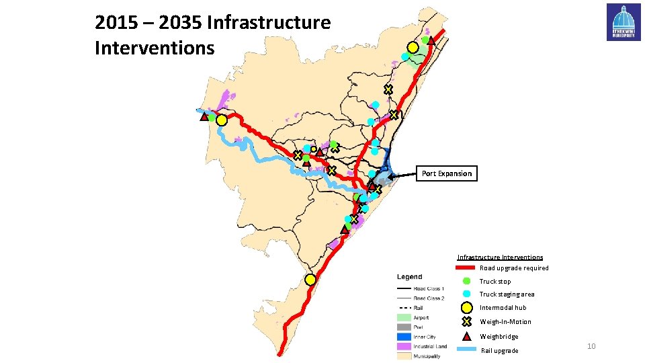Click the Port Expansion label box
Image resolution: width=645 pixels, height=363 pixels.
pyautogui.click(x=447, y=173)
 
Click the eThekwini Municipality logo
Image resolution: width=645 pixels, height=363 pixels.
pyautogui.click(x=623, y=22)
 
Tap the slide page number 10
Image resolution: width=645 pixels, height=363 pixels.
pyautogui.click(x=591, y=346)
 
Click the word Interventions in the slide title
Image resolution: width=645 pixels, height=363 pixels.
pyautogui.click(x=155, y=48)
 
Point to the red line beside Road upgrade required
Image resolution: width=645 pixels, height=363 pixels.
pyautogui.click(x=466, y=268)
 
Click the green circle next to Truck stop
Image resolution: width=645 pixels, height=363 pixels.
pyautogui.click(x=466, y=281)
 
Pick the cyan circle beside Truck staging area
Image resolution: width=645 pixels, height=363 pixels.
pyautogui.click(x=466, y=294)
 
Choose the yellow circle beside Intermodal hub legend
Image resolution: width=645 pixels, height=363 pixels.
pyautogui.click(x=466, y=308)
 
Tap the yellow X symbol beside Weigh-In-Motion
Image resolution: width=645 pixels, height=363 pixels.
pyautogui.click(x=466, y=322)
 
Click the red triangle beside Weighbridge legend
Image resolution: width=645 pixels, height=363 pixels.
pyautogui.click(x=466, y=336)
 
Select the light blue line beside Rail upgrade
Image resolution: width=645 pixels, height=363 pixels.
pyautogui.click(x=466, y=350)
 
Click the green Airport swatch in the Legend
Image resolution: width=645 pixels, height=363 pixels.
pyautogui.click(x=403, y=317)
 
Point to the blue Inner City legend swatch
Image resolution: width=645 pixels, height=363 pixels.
pyautogui.click(x=403, y=337)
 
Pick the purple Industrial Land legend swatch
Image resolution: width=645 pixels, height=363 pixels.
pyautogui.click(x=403, y=346)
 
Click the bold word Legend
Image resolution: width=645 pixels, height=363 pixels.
pyautogui.click(x=409, y=277)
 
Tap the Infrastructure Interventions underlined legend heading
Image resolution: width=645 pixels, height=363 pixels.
pyautogui.click(x=500, y=257)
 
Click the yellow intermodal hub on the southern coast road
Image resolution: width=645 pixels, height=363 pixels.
pyautogui.click(x=310, y=280)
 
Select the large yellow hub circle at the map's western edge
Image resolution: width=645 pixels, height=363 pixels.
pyautogui.click(x=221, y=120)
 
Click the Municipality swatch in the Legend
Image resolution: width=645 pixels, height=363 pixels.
pyautogui.click(x=403, y=356)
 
